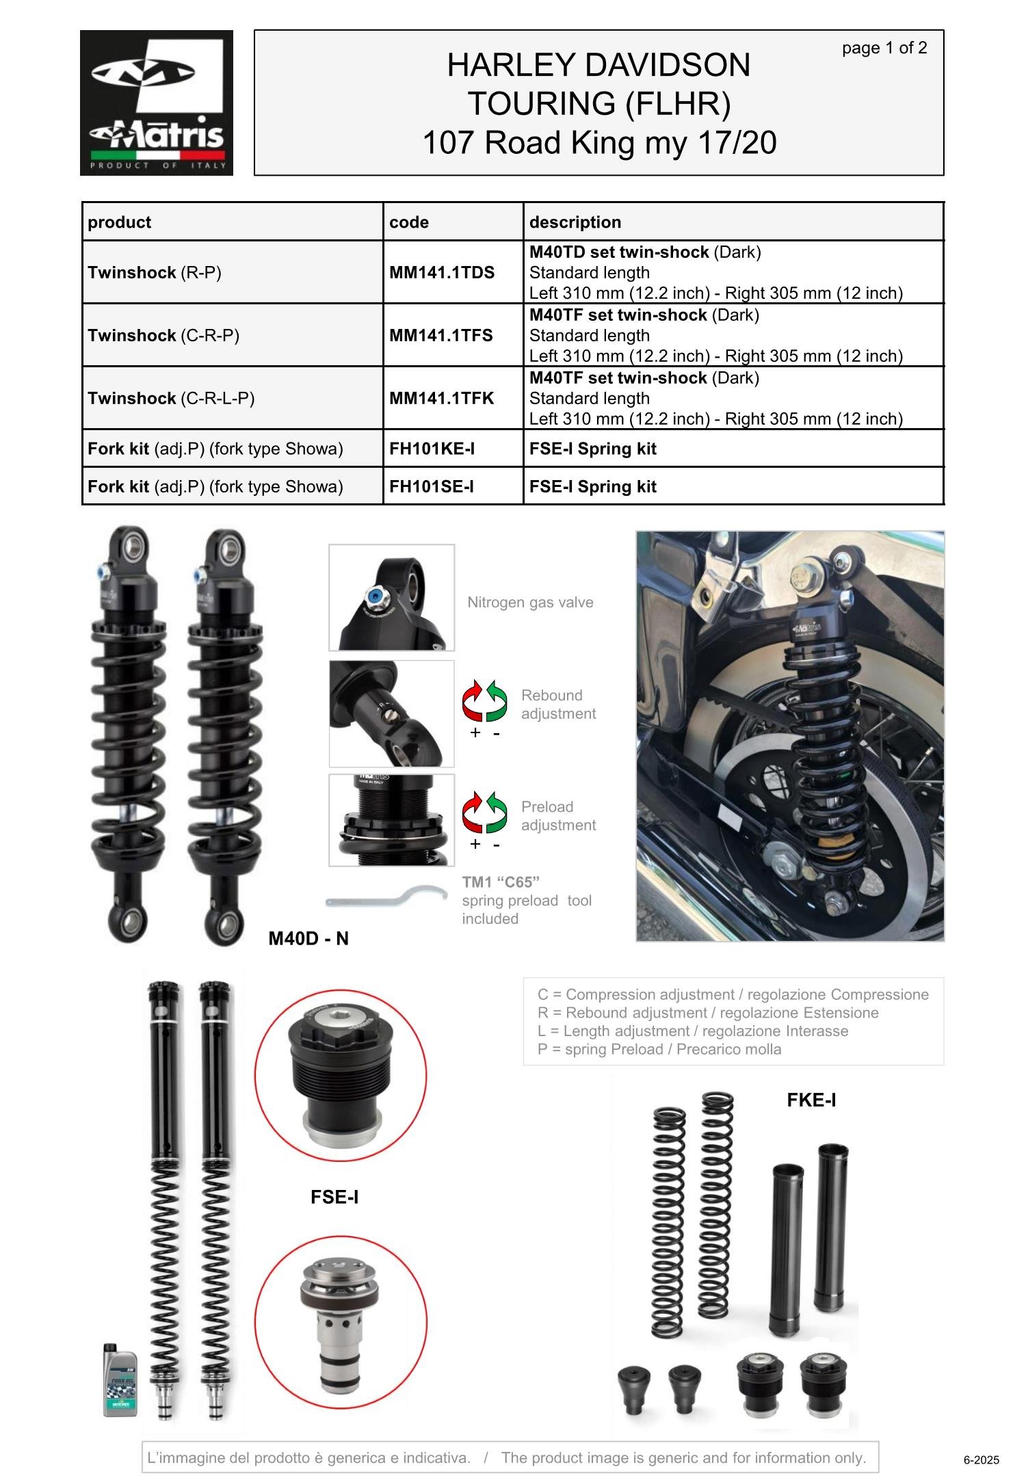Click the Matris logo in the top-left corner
click(x=157, y=103)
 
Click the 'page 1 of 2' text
click(x=884, y=48)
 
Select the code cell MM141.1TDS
click(x=442, y=272)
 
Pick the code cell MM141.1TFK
click(x=442, y=398)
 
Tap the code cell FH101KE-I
click(x=432, y=449)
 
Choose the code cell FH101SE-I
click(x=432, y=486)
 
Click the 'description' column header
click(x=575, y=222)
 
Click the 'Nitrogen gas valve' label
click(x=530, y=603)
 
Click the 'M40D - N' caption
click(x=308, y=938)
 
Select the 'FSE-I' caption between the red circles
click(x=334, y=1197)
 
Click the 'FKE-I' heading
click(x=811, y=1100)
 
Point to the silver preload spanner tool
click(x=386, y=897)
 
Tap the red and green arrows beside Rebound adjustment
click(x=485, y=701)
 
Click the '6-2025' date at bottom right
click(x=982, y=1460)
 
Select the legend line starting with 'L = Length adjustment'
click(x=693, y=1031)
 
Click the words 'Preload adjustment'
click(x=558, y=816)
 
